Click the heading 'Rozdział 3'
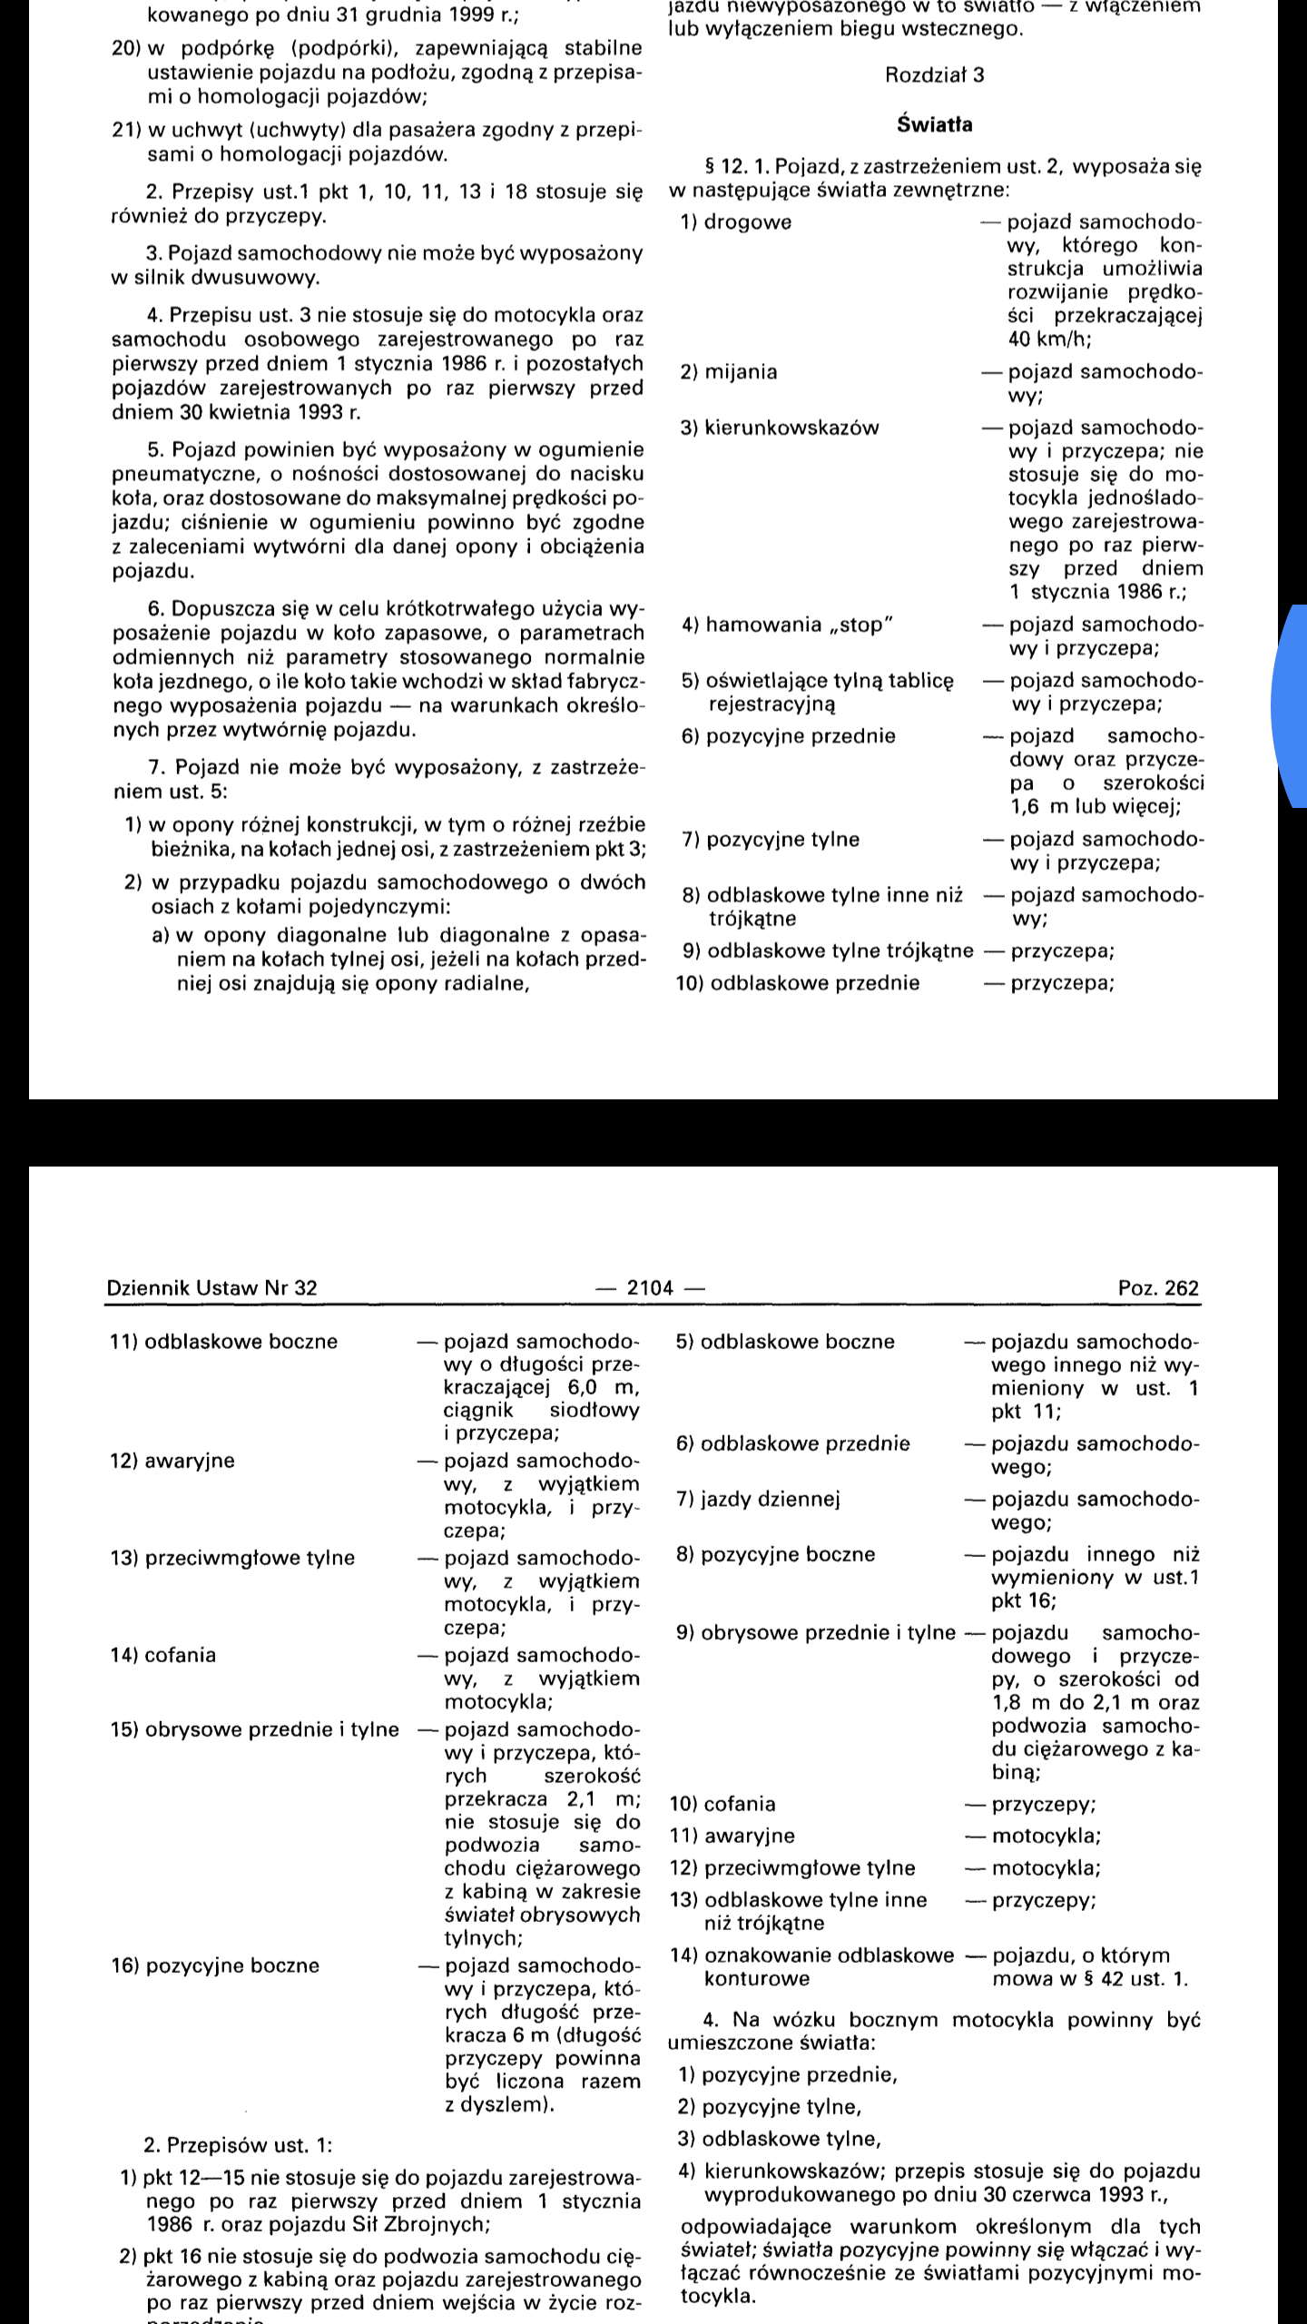tap(934, 75)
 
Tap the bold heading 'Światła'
tap(934, 125)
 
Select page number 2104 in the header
tap(651, 1287)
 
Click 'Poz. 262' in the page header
tap(1158, 1288)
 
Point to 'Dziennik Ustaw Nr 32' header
tap(211, 1288)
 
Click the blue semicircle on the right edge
tap(1291, 706)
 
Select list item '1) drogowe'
tap(735, 222)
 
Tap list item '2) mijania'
tap(728, 371)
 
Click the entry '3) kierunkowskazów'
tap(780, 428)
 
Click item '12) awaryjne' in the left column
tap(172, 1461)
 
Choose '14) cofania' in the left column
tap(163, 1655)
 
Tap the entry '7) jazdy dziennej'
tap(758, 1499)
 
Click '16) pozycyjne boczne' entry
tap(215, 1965)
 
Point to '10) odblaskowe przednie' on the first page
tap(798, 983)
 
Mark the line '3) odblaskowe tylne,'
tap(780, 2140)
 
